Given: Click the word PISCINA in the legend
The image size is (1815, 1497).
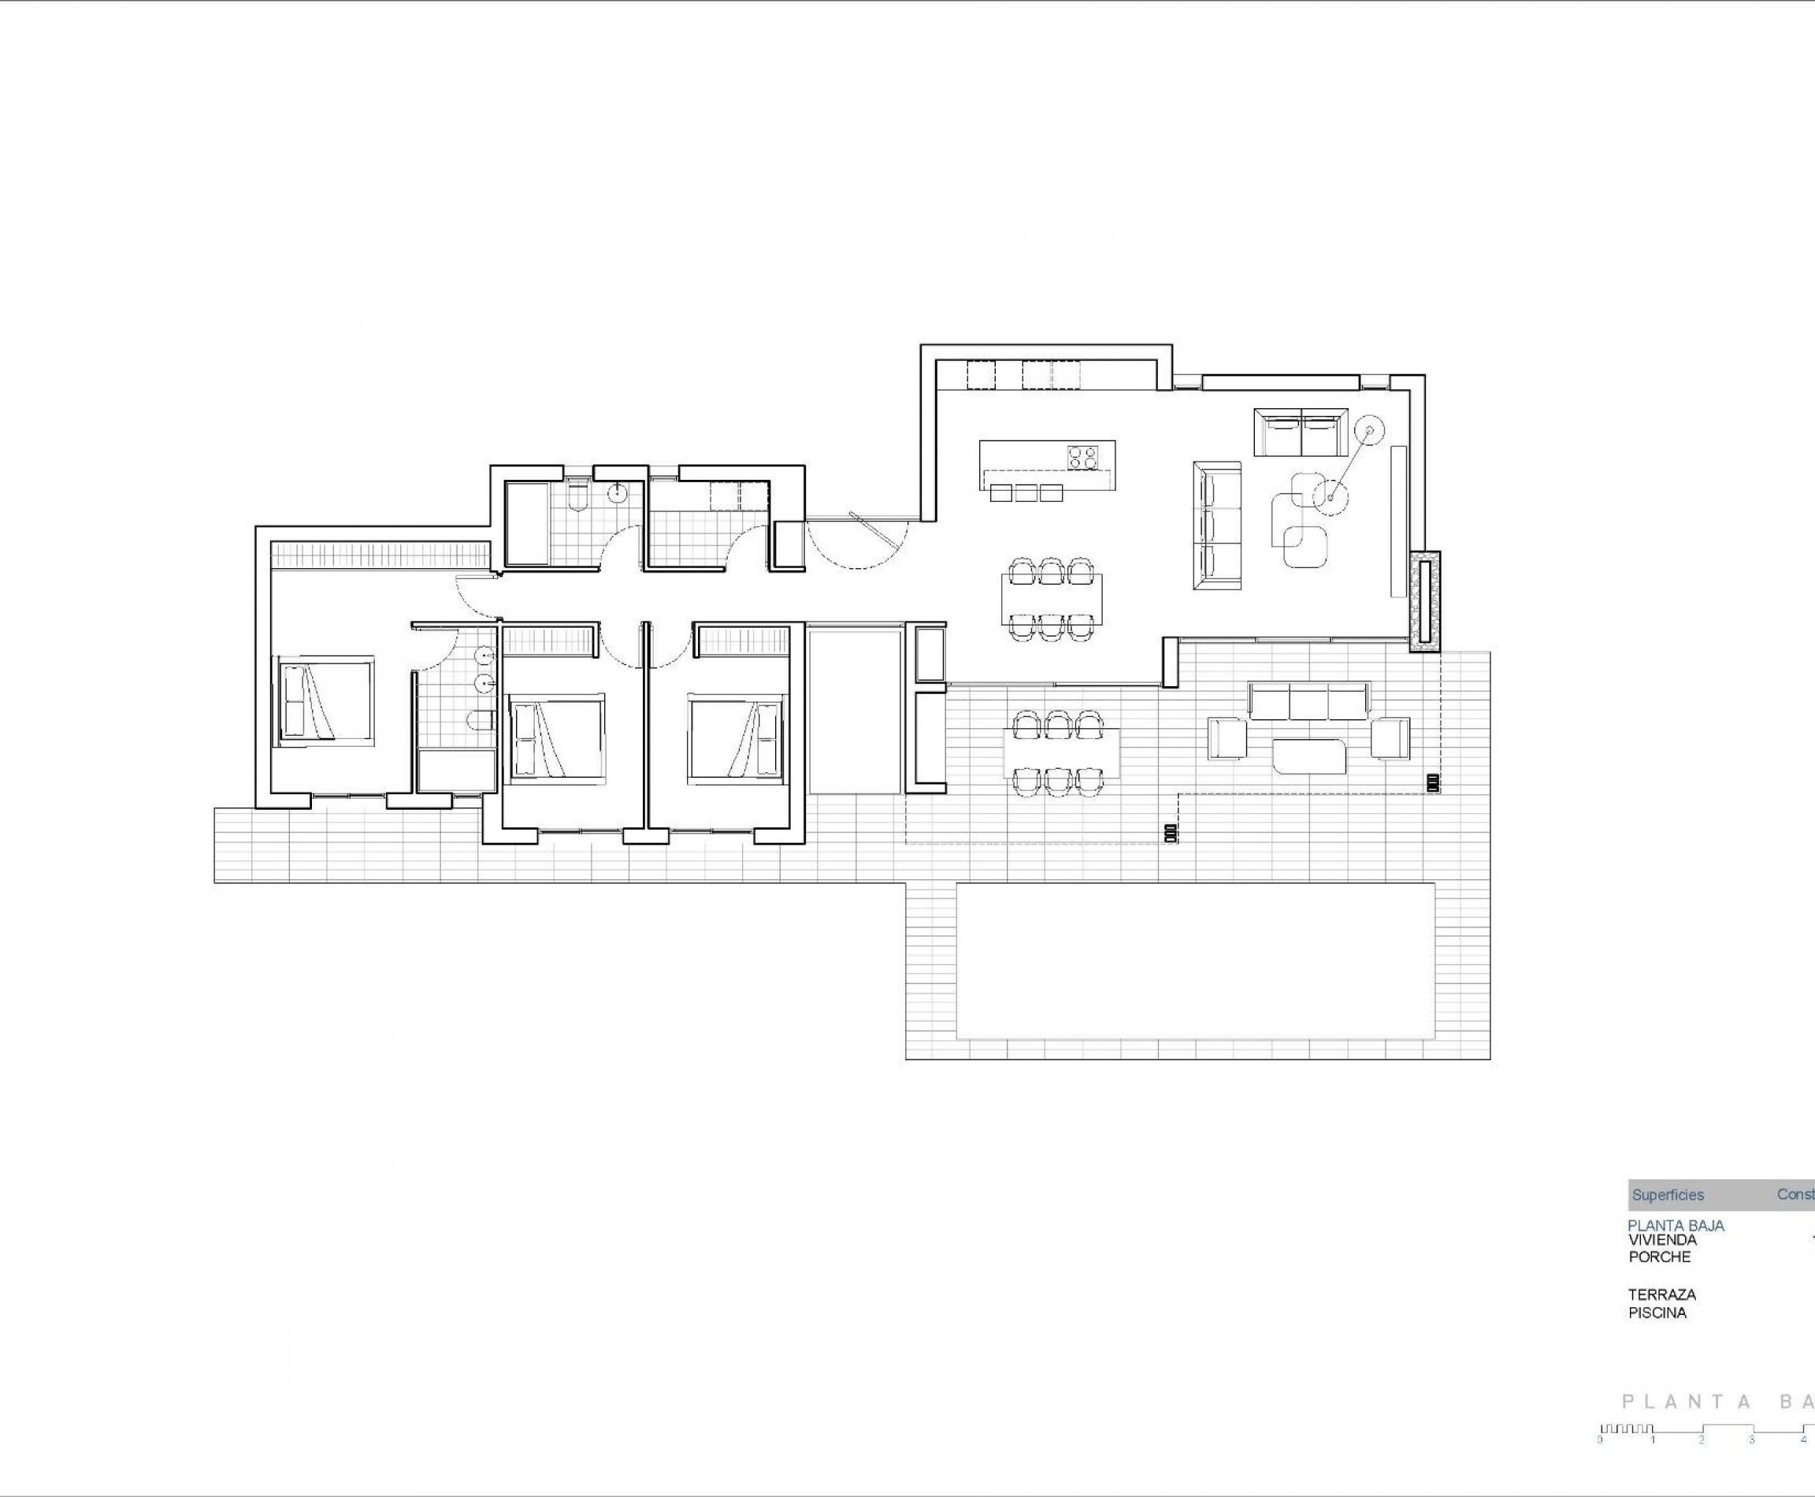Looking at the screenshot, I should tap(1657, 1313).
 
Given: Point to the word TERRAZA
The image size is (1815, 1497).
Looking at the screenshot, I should tap(1661, 1295).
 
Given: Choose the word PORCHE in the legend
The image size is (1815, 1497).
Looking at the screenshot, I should tap(1659, 1257).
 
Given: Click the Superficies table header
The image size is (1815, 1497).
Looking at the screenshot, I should tap(1668, 1194).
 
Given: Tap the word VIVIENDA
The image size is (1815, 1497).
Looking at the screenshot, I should tap(1662, 1239).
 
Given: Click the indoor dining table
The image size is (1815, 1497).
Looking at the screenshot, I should tap(1051, 599).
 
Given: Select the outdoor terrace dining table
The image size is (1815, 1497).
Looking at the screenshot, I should tap(1060, 752).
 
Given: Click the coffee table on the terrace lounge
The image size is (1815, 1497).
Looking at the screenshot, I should tap(1309, 756).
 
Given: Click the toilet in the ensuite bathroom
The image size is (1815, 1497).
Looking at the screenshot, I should tap(481, 720).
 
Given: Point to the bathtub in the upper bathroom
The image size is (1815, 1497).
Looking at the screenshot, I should tap(526, 524).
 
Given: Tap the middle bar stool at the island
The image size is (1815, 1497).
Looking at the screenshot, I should tap(1026, 492).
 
